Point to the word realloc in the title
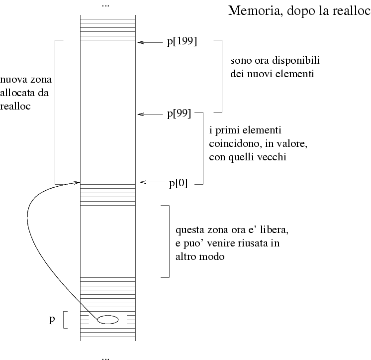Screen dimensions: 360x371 pyautogui.click(x=351, y=11)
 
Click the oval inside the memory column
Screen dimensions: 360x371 pyautogui.click(x=107, y=320)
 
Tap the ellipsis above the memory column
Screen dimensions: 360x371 pyautogui.click(x=105, y=5)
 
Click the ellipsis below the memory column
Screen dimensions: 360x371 pyautogui.click(x=105, y=357)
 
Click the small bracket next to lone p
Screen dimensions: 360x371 pyautogui.click(x=65, y=320)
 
